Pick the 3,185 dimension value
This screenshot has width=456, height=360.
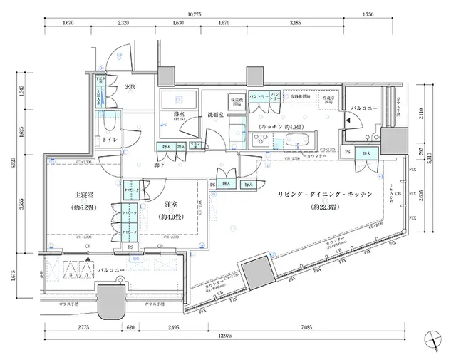coord(294,23)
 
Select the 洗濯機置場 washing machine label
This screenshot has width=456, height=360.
coord(235,100)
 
